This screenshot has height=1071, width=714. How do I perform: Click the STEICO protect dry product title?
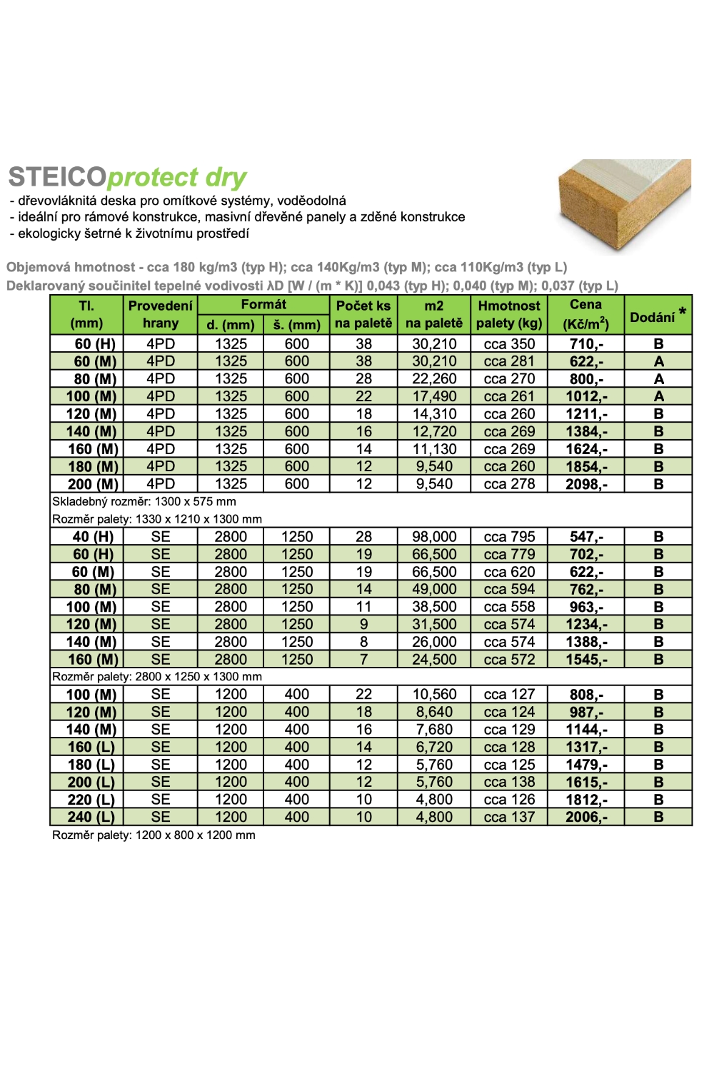(127, 177)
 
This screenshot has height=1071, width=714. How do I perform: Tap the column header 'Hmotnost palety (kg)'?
(509, 314)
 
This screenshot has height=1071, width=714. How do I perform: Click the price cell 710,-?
(586, 344)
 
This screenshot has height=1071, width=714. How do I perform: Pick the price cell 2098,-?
(586, 484)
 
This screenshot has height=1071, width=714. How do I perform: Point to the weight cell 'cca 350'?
(509, 344)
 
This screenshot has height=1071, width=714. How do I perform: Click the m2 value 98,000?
(434, 537)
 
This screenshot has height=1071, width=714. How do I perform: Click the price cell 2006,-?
(586, 818)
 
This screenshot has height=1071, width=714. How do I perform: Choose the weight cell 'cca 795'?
(509, 537)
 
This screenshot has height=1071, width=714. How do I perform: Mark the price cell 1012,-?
(586, 396)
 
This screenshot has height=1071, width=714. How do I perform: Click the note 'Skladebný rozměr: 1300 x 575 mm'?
(144, 501)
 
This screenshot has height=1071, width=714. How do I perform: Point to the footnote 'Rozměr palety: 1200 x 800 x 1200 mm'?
(154, 835)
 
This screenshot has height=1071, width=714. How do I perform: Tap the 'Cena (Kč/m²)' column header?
(586, 314)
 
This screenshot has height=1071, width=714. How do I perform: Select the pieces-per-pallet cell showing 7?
(363, 660)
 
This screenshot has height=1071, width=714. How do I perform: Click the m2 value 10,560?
(434, 695)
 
